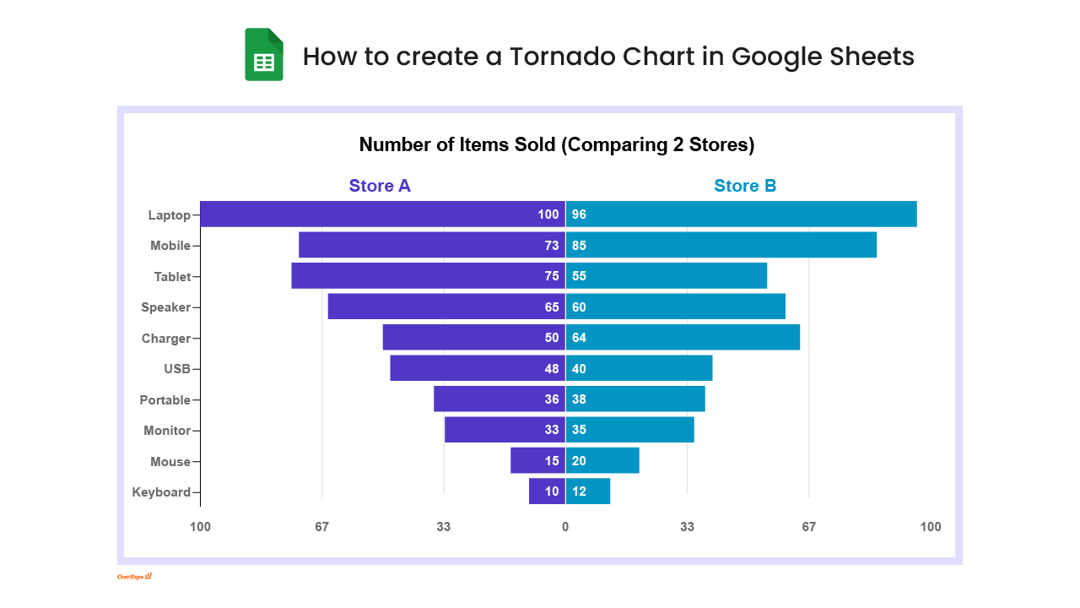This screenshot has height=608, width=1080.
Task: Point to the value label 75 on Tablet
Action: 552,276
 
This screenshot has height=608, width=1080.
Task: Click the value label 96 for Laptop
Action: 579,214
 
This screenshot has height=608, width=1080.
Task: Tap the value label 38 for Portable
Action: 579,399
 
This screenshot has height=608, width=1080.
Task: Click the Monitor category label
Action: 167,431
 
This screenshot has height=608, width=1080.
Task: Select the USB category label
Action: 177,369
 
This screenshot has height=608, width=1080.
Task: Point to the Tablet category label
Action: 172,276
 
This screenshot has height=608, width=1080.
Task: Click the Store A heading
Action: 380,186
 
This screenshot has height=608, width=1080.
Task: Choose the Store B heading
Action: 745,186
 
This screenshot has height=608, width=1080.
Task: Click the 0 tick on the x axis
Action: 565,527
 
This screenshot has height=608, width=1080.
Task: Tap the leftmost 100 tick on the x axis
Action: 200,527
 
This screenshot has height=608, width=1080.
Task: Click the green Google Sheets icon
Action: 264,55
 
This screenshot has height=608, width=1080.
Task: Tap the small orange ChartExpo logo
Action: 134,577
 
